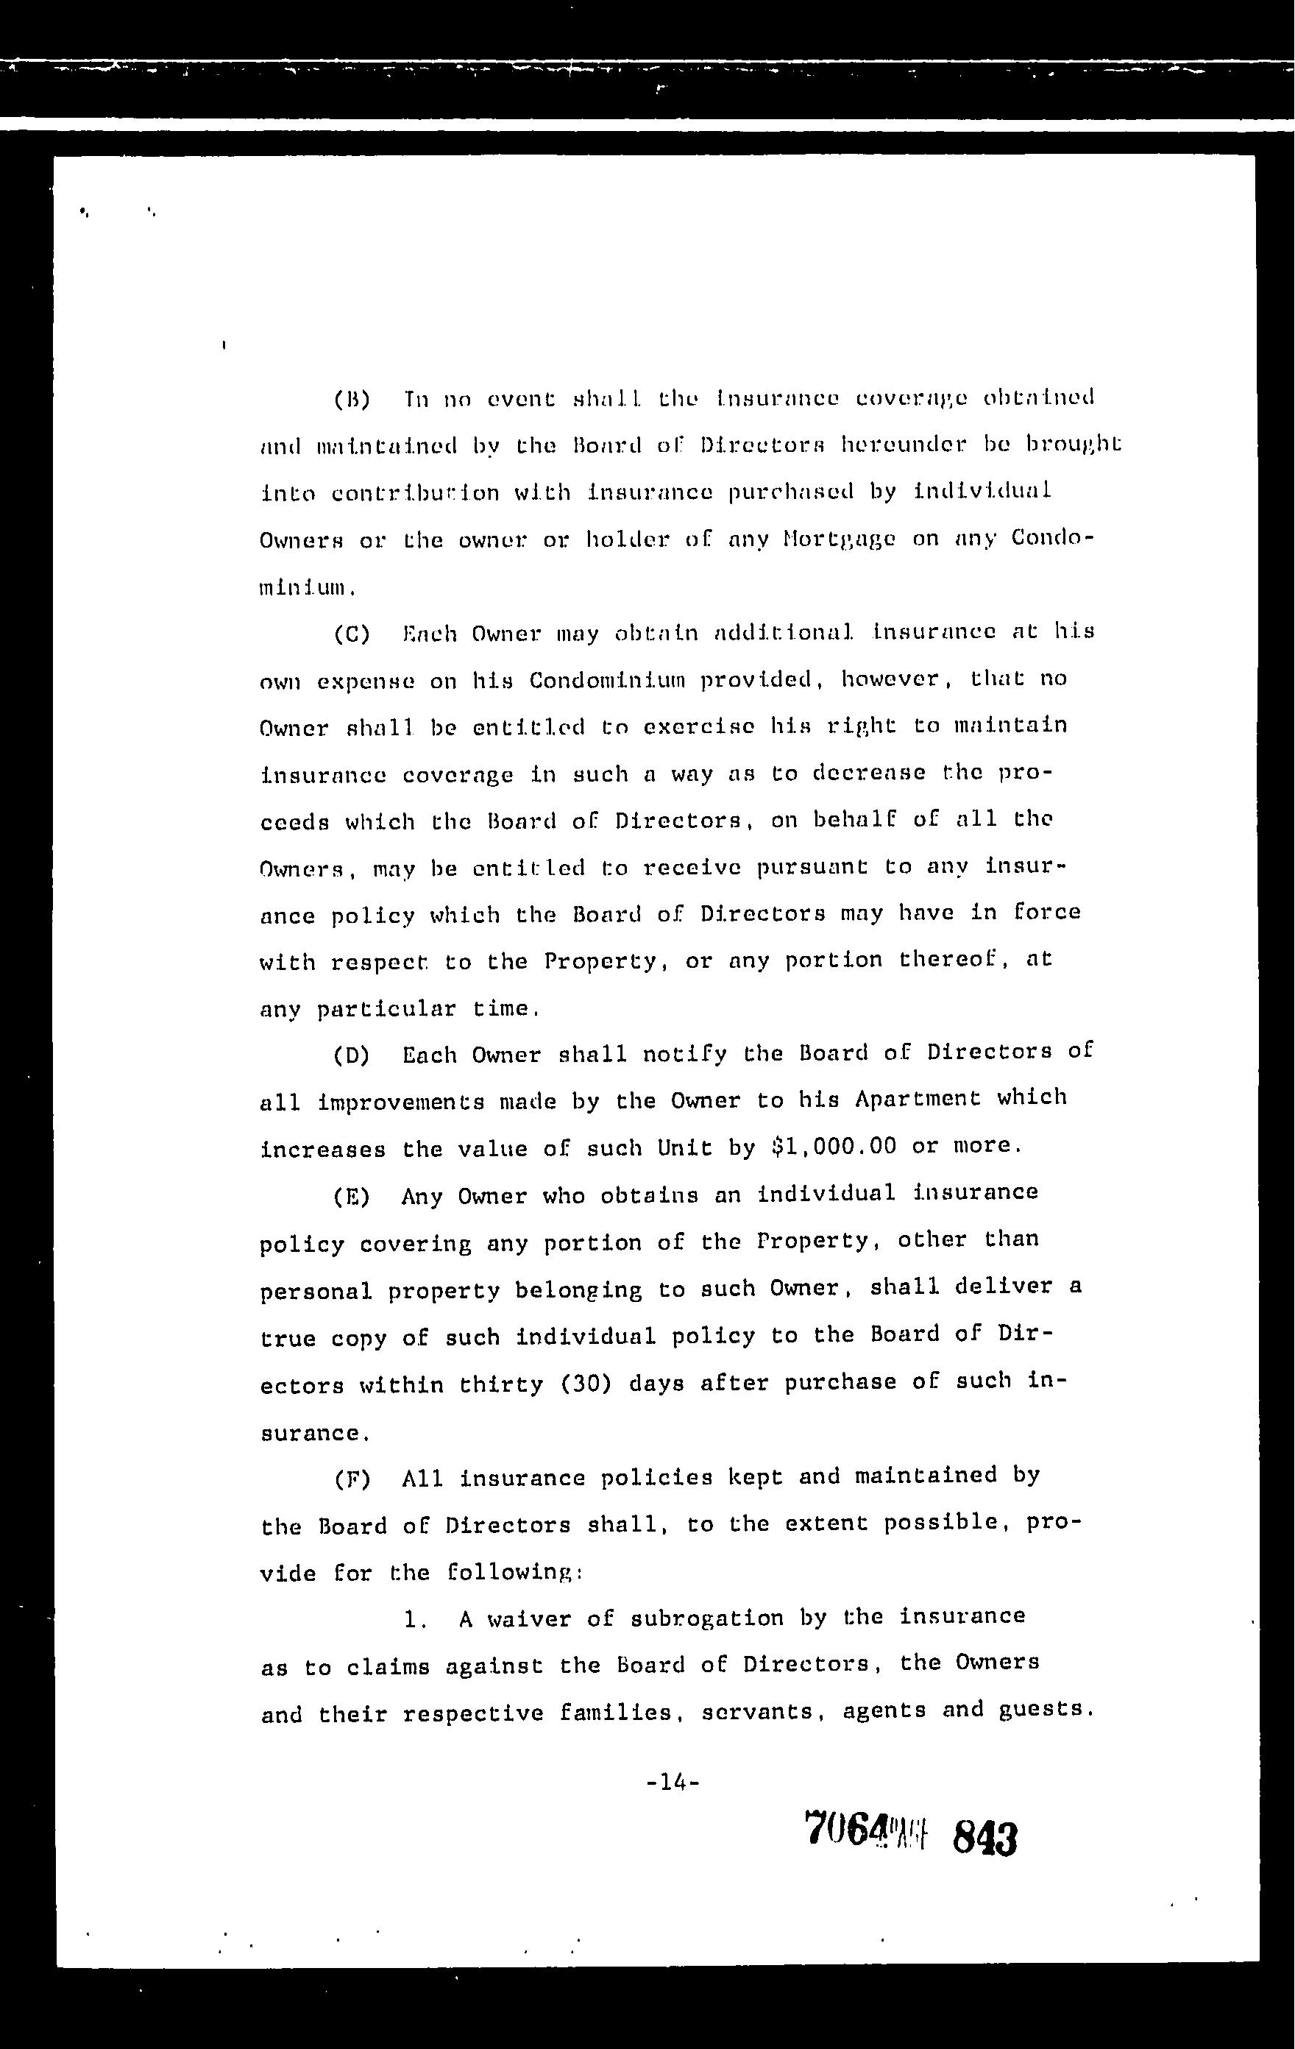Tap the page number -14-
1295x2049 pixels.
pyautogui.click(x=673, y=1781)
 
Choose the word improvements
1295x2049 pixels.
pyautogui.click(x=401, y=1103)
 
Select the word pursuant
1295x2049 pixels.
pyautogui.click(x=812, y=868)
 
